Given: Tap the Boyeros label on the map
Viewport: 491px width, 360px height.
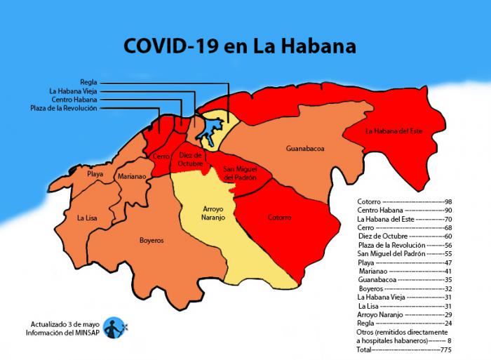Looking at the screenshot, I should (x=152, y=240).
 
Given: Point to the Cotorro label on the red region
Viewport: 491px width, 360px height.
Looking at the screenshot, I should (x=279, y=218).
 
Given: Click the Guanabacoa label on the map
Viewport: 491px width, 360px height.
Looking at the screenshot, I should (x=305, y=149).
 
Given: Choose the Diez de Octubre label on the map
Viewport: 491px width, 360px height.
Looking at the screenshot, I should (x=190, y=159).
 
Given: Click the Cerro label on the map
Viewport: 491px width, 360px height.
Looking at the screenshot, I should (x=160, y=157).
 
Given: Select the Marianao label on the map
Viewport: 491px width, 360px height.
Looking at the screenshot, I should (x=132, y=177).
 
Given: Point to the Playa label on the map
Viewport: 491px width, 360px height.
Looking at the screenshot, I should (x=95, y=173).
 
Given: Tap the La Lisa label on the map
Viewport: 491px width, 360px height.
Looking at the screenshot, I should (x=87, y=218).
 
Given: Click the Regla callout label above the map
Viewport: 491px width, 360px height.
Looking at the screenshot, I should (x=88, y=82).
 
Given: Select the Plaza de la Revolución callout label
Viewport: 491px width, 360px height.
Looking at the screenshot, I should (x=64, y=108).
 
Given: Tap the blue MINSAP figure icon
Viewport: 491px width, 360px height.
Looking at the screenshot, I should (x=114, y=327).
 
